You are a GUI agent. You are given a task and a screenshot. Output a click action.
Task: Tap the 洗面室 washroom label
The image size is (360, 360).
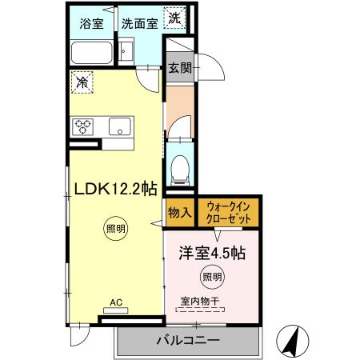click(138, 22)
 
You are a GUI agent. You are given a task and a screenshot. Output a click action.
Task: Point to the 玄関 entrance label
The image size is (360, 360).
click(180, 68)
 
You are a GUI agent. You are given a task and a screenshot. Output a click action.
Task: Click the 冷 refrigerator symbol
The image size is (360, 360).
click(82, 81)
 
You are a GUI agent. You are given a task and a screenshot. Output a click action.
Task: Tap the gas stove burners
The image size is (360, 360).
click(84, 126)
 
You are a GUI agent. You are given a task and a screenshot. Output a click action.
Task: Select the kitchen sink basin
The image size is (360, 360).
click(121, 126)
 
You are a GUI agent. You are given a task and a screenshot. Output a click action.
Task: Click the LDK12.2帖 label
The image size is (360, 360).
click(115, 189)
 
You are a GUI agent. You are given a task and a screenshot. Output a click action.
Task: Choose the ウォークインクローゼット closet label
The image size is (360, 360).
click(229, 212)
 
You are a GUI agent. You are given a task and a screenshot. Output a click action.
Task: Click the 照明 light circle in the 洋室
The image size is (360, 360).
click(212, 278)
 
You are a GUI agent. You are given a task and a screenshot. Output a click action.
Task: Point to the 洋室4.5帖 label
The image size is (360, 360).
click(211, 253)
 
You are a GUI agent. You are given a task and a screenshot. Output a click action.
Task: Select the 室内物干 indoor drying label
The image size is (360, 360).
click(199, 301)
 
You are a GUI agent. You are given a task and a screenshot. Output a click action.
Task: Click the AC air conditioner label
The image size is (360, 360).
click(116, 303)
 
